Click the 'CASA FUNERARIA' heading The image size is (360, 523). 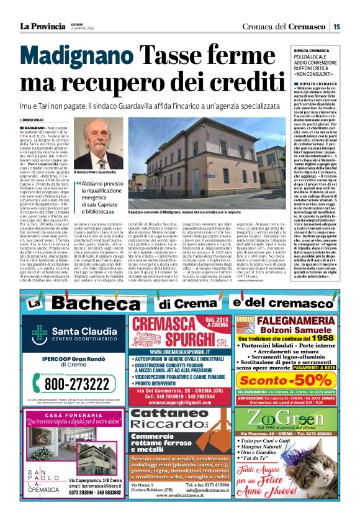[x=71, y=415]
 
